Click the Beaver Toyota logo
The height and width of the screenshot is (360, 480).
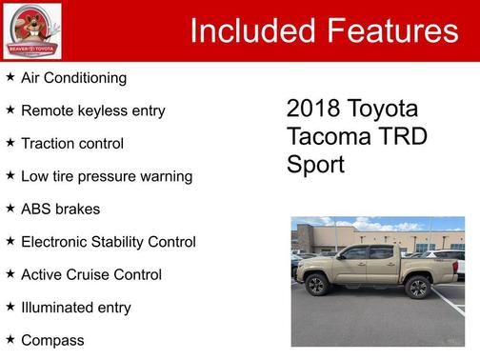[x=32, y=30]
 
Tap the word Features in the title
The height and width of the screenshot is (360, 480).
[x=393, y=30]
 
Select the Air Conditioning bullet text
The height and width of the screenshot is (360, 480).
[x=73, y=77]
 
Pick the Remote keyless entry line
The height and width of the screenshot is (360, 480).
[x=92, y=110]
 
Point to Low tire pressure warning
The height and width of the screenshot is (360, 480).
[x=107, y=176]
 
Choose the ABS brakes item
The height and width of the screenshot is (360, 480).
[x=60, y=209]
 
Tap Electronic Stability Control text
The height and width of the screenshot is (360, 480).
[x=108, y=242]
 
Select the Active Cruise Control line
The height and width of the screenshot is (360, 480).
[x=91, y=274]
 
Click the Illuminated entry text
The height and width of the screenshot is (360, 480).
[x=76, y=307]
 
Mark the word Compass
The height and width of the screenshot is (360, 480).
[x=52, y=340]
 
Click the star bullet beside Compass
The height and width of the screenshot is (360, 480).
[x=10, y=339]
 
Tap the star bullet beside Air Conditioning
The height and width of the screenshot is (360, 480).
[x=10, y=76]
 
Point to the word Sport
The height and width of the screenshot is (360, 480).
[x=315, y=164]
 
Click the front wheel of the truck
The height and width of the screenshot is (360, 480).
[x=316, y=285]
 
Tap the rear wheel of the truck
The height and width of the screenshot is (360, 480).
[x=416, y=287]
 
